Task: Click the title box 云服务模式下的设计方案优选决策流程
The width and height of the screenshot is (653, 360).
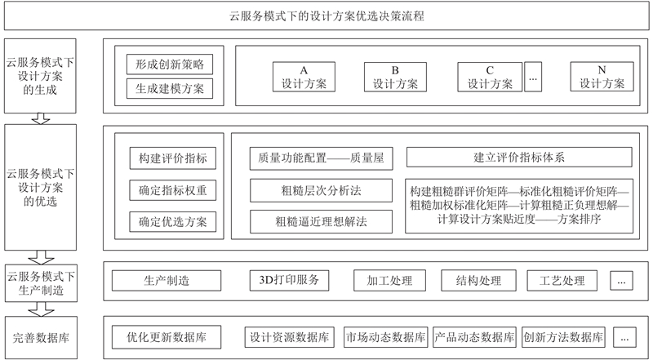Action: (326, 16)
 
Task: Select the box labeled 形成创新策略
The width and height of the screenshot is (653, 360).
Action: (170, 64)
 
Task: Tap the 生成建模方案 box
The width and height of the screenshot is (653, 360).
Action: (170, 88)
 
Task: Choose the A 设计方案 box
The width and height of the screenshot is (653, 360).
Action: (304, 77)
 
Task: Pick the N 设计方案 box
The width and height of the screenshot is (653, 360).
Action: (602, 77)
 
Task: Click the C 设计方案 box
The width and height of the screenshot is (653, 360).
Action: (490, 77)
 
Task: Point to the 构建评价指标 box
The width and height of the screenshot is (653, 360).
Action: (173, 158)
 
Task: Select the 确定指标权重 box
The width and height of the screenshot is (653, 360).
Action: (173, 190)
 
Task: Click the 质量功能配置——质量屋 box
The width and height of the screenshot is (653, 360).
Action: (321, 158)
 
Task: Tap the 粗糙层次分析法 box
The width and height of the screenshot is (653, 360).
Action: (321, 190)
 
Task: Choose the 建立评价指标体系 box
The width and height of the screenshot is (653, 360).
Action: (519, 157)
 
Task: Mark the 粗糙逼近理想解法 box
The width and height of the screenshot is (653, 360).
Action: (321, 222)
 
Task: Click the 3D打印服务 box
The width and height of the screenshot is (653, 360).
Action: (289, 281)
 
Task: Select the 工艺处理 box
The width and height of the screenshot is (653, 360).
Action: (562, 281)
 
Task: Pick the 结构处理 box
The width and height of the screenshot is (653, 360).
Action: (478, 281)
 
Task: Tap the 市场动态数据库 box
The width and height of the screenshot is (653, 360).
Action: (386, 337)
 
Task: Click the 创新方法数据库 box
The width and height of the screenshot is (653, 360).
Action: (563, 337)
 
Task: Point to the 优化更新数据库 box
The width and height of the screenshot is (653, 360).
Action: (167, 337)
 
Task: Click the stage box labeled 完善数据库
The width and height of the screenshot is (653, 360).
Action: (41, 337)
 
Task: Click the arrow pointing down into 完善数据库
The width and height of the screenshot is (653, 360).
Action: (41, 309)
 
